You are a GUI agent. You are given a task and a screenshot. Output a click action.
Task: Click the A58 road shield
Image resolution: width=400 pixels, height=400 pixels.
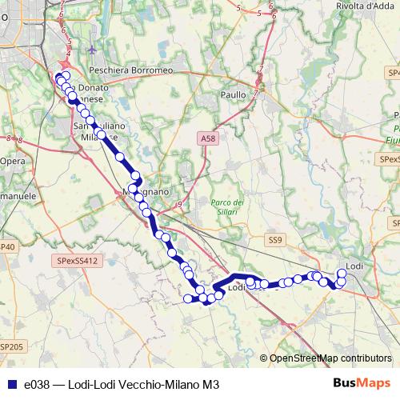[x=208, y=138]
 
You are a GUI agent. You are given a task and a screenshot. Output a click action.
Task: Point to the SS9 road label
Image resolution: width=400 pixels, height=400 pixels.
[x=276, y=239]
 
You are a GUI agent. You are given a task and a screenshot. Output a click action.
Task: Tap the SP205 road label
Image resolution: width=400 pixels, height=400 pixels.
[x=11, y=346]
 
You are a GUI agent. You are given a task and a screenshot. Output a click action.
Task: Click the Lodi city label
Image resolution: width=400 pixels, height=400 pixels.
[x=354, y=265]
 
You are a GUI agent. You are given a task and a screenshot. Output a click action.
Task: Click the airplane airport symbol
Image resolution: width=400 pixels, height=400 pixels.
[x=94, y=50]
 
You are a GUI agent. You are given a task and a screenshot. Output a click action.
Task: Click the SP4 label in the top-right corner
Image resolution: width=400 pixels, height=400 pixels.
[x=393, y=73]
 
